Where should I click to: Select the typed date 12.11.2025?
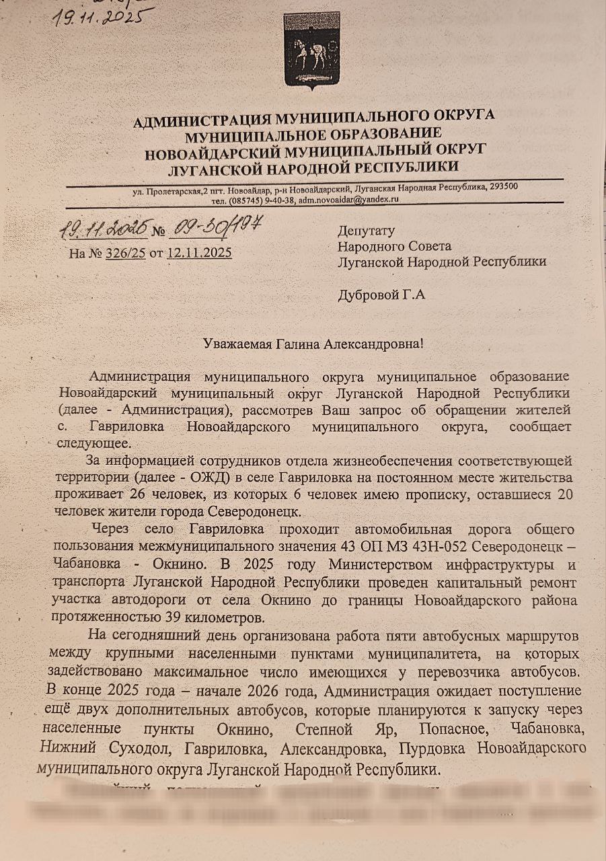click(200, 253)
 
